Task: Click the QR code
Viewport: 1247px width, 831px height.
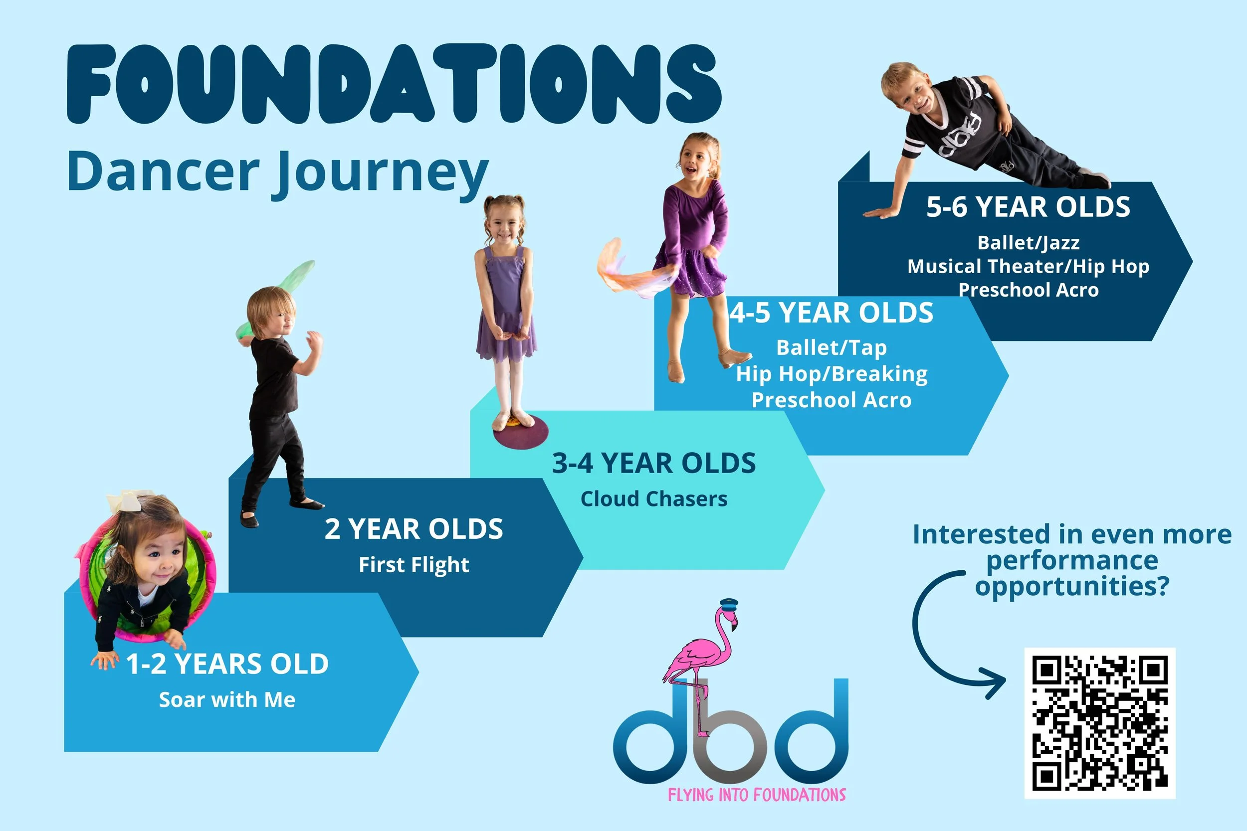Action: (1100, 723)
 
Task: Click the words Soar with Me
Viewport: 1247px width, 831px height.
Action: (227, 699)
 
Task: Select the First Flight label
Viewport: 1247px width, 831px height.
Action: (414, 565)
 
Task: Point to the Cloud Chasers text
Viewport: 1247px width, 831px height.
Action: (654, 499)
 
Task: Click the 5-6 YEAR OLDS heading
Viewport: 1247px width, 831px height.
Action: (1028, 207)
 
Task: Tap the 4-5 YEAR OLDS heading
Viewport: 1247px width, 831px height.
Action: (831, 313)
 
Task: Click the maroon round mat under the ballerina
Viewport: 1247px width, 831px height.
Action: (521, 432)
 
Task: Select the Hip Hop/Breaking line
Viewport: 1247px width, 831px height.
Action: (831, 374)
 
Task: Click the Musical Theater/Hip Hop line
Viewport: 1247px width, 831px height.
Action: (1028, 266)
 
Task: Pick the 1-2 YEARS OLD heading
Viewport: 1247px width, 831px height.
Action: (227, 664)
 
